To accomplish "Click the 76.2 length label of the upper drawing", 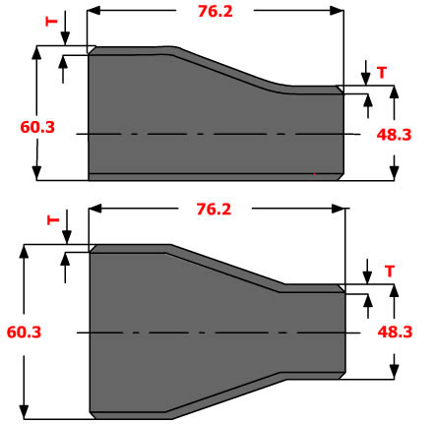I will tap(215, 12).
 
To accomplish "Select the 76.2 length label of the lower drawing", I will tap(215, 209).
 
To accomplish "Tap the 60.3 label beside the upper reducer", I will tap(36, 126).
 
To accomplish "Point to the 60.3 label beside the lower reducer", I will tap(23, 333).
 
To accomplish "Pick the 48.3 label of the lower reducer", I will tap(394, 332).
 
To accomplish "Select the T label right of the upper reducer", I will tap(382, 72).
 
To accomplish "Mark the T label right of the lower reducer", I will tap(390, 271).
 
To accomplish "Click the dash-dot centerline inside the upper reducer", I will tap(217, 133).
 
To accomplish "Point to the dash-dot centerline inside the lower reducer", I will tap(217, 332).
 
